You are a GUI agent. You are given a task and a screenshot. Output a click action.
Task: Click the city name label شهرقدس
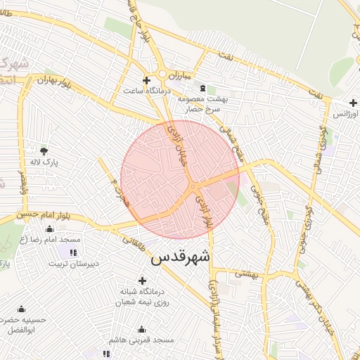[180, 257]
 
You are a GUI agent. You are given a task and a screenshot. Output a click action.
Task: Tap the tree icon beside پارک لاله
[44, 150]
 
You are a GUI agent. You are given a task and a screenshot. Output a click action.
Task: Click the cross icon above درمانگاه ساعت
[146, 80]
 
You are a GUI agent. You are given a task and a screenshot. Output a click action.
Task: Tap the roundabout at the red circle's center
[192, 186]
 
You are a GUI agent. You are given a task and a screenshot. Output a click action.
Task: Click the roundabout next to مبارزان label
[162, 74]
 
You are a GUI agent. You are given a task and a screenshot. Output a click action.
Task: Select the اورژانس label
[345, 113]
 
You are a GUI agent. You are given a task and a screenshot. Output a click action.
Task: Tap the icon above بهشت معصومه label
[203, 89]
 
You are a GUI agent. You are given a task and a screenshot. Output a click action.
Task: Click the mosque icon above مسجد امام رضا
[49, 229]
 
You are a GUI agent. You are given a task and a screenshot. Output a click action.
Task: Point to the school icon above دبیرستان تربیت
[73, 252]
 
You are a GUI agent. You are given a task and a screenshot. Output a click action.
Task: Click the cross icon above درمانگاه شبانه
[142, 281]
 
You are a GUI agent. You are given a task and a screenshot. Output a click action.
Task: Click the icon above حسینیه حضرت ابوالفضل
[20, 309]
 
